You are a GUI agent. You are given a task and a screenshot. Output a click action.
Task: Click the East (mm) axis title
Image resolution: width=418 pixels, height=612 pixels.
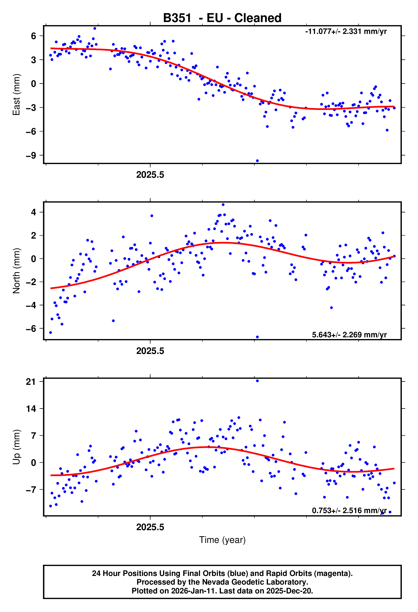point(16,95)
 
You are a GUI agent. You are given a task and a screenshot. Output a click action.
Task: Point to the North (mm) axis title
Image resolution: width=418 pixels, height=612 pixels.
point(16,271)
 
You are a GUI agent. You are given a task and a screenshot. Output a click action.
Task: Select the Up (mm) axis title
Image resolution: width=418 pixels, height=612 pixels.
point(16,447)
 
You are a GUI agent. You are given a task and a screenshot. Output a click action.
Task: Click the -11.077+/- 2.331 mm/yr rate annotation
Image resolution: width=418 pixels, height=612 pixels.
point(346,31)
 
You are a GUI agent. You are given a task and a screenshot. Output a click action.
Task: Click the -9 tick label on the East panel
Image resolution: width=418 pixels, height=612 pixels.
point(31,155)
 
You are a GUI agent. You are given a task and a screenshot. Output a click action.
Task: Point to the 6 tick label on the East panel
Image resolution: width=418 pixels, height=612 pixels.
point(33,36)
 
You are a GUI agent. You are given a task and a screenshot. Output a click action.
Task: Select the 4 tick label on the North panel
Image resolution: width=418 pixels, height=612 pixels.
point(33,212)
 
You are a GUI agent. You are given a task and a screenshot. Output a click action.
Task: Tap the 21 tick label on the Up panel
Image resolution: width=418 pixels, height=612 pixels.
point(31,382)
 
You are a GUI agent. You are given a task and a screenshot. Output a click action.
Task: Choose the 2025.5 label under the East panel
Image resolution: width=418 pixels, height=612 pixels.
point(150,175)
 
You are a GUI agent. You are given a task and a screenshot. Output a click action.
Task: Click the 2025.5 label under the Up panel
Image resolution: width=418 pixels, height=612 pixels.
point(150,527)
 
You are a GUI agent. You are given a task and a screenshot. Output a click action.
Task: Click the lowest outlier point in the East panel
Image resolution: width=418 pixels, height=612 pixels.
point(257,161)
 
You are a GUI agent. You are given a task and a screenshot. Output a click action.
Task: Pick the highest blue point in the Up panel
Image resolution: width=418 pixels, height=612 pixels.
point(257,381)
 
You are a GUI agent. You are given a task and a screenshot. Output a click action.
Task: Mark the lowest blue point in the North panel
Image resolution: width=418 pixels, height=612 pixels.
point(257,337)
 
